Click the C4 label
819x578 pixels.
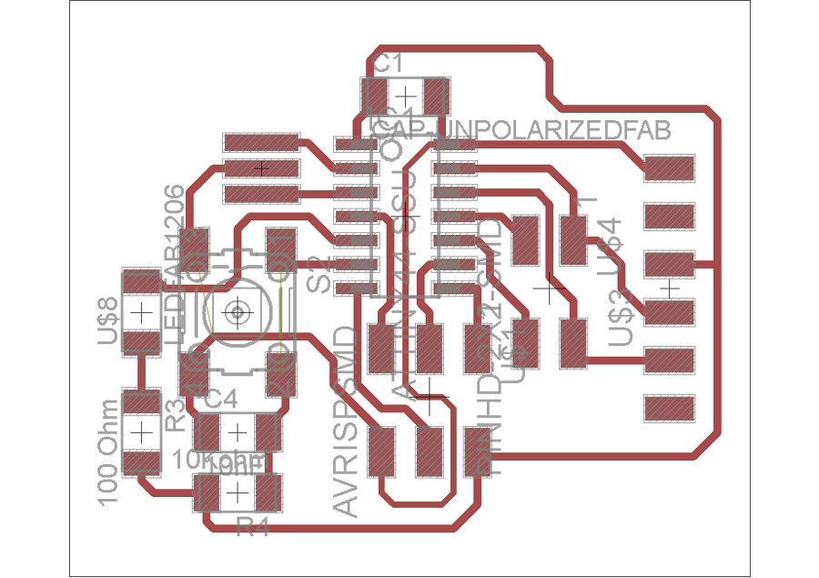[221, 398]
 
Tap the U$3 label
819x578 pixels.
[621, 318]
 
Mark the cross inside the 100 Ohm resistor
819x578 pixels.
[141, 431]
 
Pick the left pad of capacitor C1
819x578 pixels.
[376, 94]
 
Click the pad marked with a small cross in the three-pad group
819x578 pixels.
[262, 168]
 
